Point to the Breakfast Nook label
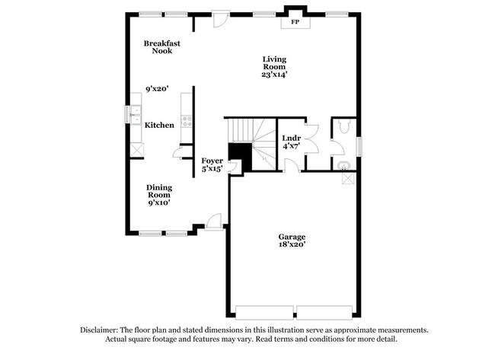tap(161, 47)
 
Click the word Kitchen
tap(160, 125)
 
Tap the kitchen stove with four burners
tap(186, 120)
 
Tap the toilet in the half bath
tap(343, 127)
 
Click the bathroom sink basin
tap(342, 164)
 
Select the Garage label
tap(292, 237)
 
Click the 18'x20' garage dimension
tap(292, 246)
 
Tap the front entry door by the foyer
tap(215, 221)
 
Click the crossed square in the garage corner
tap(348, 178)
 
